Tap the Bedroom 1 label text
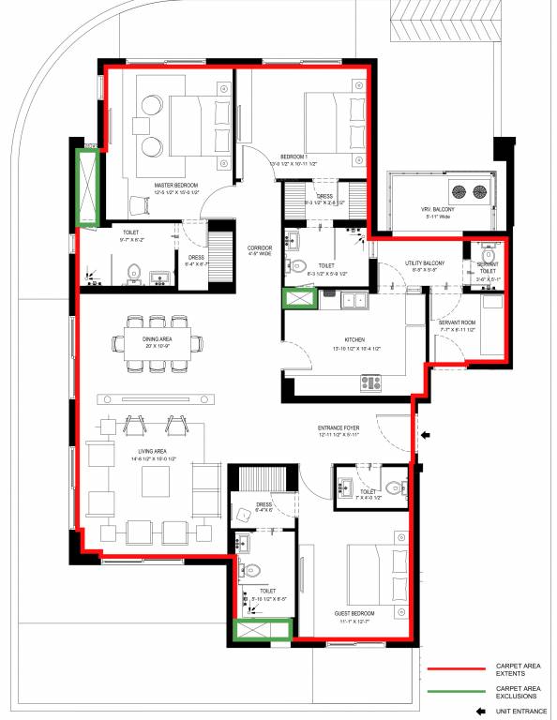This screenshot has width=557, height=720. (294, 157)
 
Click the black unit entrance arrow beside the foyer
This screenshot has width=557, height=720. (425, 435)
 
